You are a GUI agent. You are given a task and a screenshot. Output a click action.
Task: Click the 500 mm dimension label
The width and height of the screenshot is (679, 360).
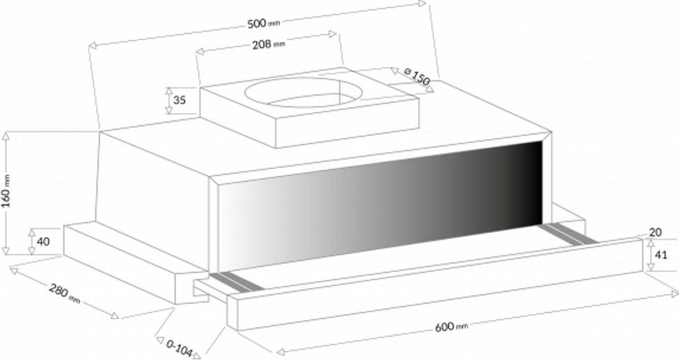[x=264, y=23]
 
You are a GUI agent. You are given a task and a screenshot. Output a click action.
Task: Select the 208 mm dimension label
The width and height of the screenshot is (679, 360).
[x=269, y=45]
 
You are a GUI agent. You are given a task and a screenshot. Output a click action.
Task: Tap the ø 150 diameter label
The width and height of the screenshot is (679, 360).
[x=417, y=77]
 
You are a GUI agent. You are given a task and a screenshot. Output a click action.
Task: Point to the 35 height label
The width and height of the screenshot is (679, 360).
[x=179, y=100]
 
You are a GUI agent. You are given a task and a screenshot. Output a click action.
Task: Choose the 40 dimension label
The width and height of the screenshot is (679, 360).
[x=43, y=242]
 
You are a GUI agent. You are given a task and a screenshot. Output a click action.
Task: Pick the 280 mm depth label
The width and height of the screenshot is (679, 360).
[x=65, y=293]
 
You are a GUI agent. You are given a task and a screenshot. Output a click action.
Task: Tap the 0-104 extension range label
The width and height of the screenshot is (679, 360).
[x=179, y=348]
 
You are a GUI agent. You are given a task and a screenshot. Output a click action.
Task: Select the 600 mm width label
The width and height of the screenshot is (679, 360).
[x=452, y=327]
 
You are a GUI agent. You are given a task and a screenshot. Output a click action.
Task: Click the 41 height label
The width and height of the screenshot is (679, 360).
[x=661, y=255]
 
